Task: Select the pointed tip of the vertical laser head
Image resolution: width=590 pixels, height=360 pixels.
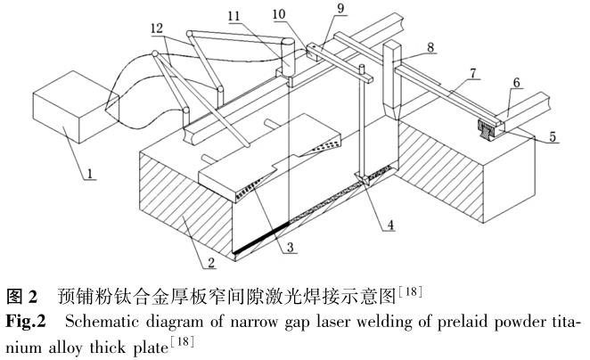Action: (x=390, y=112)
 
